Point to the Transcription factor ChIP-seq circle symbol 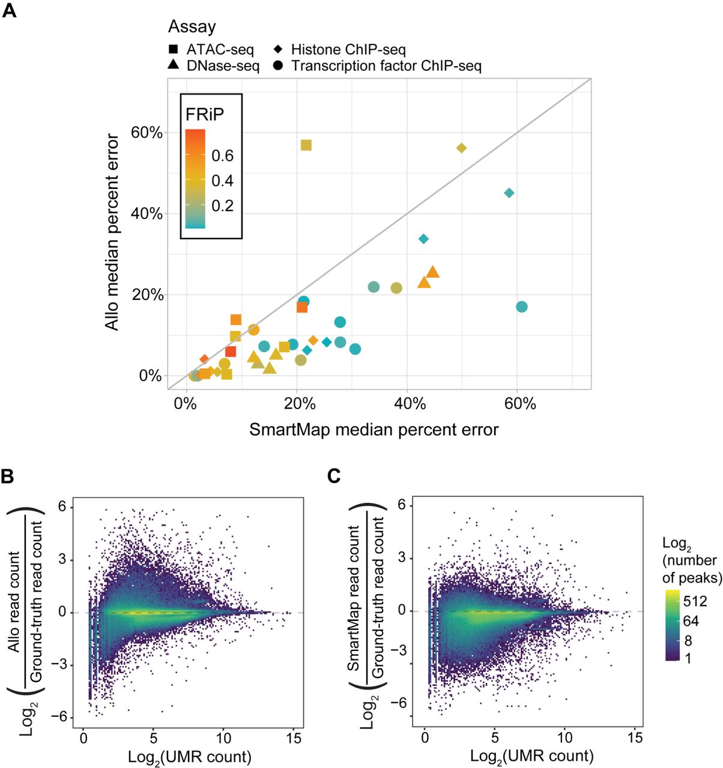point(279,65)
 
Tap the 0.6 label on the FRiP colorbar point(222,156)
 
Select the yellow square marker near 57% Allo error point(306,145)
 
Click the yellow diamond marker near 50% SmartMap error point(461,148)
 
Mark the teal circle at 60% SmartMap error point(521,307)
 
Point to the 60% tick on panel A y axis point(147,133)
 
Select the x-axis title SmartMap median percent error point(374,430)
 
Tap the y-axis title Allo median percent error point(112,232)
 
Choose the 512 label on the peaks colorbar point(695,601)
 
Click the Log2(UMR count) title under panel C point(531,755)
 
